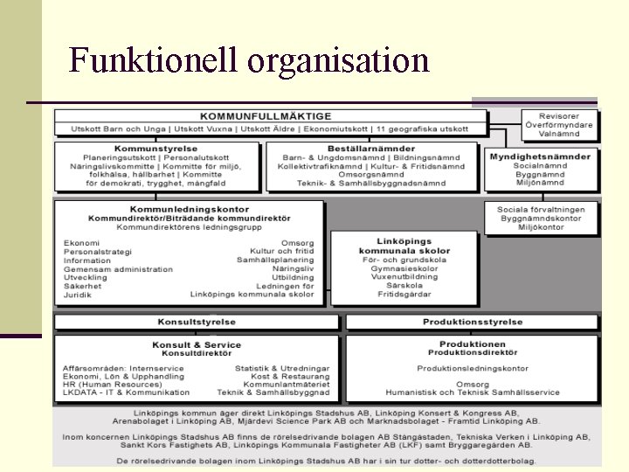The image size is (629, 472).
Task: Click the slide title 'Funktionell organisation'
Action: [249, 60]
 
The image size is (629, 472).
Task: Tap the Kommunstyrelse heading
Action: [156, 149]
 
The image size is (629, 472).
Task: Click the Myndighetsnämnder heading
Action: [540, 156]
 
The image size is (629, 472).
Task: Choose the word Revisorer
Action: [559, 116]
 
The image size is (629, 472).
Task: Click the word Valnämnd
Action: [559, 135]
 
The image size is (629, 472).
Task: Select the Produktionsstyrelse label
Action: [473, 322]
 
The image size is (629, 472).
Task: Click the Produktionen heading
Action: [473, 344]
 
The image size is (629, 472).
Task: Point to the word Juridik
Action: [77, 295]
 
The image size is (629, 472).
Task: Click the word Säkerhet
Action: [82, 286]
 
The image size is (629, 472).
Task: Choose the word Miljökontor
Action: [541, 227]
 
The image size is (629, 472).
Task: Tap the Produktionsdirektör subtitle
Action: [473, 353]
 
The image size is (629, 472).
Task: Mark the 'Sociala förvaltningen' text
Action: [541, 210]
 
